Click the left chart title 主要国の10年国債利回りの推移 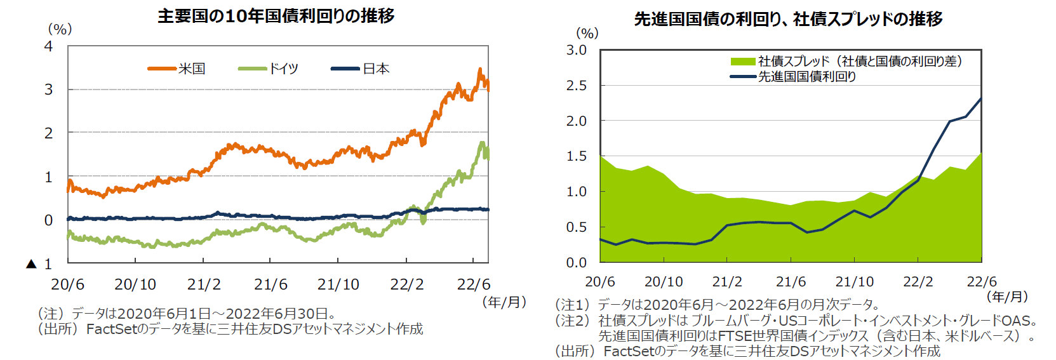click(276, 15)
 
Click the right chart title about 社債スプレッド click(788, 19)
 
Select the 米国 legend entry click(191, 69)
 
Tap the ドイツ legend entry click(283, 69)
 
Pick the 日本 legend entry click(376, 69)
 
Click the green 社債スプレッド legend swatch click(742, 62)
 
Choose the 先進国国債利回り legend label click(807, 76)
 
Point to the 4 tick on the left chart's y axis click(48, 46)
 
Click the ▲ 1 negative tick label click(39, 263)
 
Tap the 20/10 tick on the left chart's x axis click(135, 284)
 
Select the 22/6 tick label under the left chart click(473, 284)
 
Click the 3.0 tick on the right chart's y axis click(576, 50)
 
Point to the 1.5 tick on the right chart click(576, 156)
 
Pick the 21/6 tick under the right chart click(791, 281)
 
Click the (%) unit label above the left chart click(60, 29)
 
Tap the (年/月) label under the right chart click(1007, 297)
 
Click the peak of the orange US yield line click(480, 69)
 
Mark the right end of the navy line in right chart click(981, 98)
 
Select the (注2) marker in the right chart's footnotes click(573, 321)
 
